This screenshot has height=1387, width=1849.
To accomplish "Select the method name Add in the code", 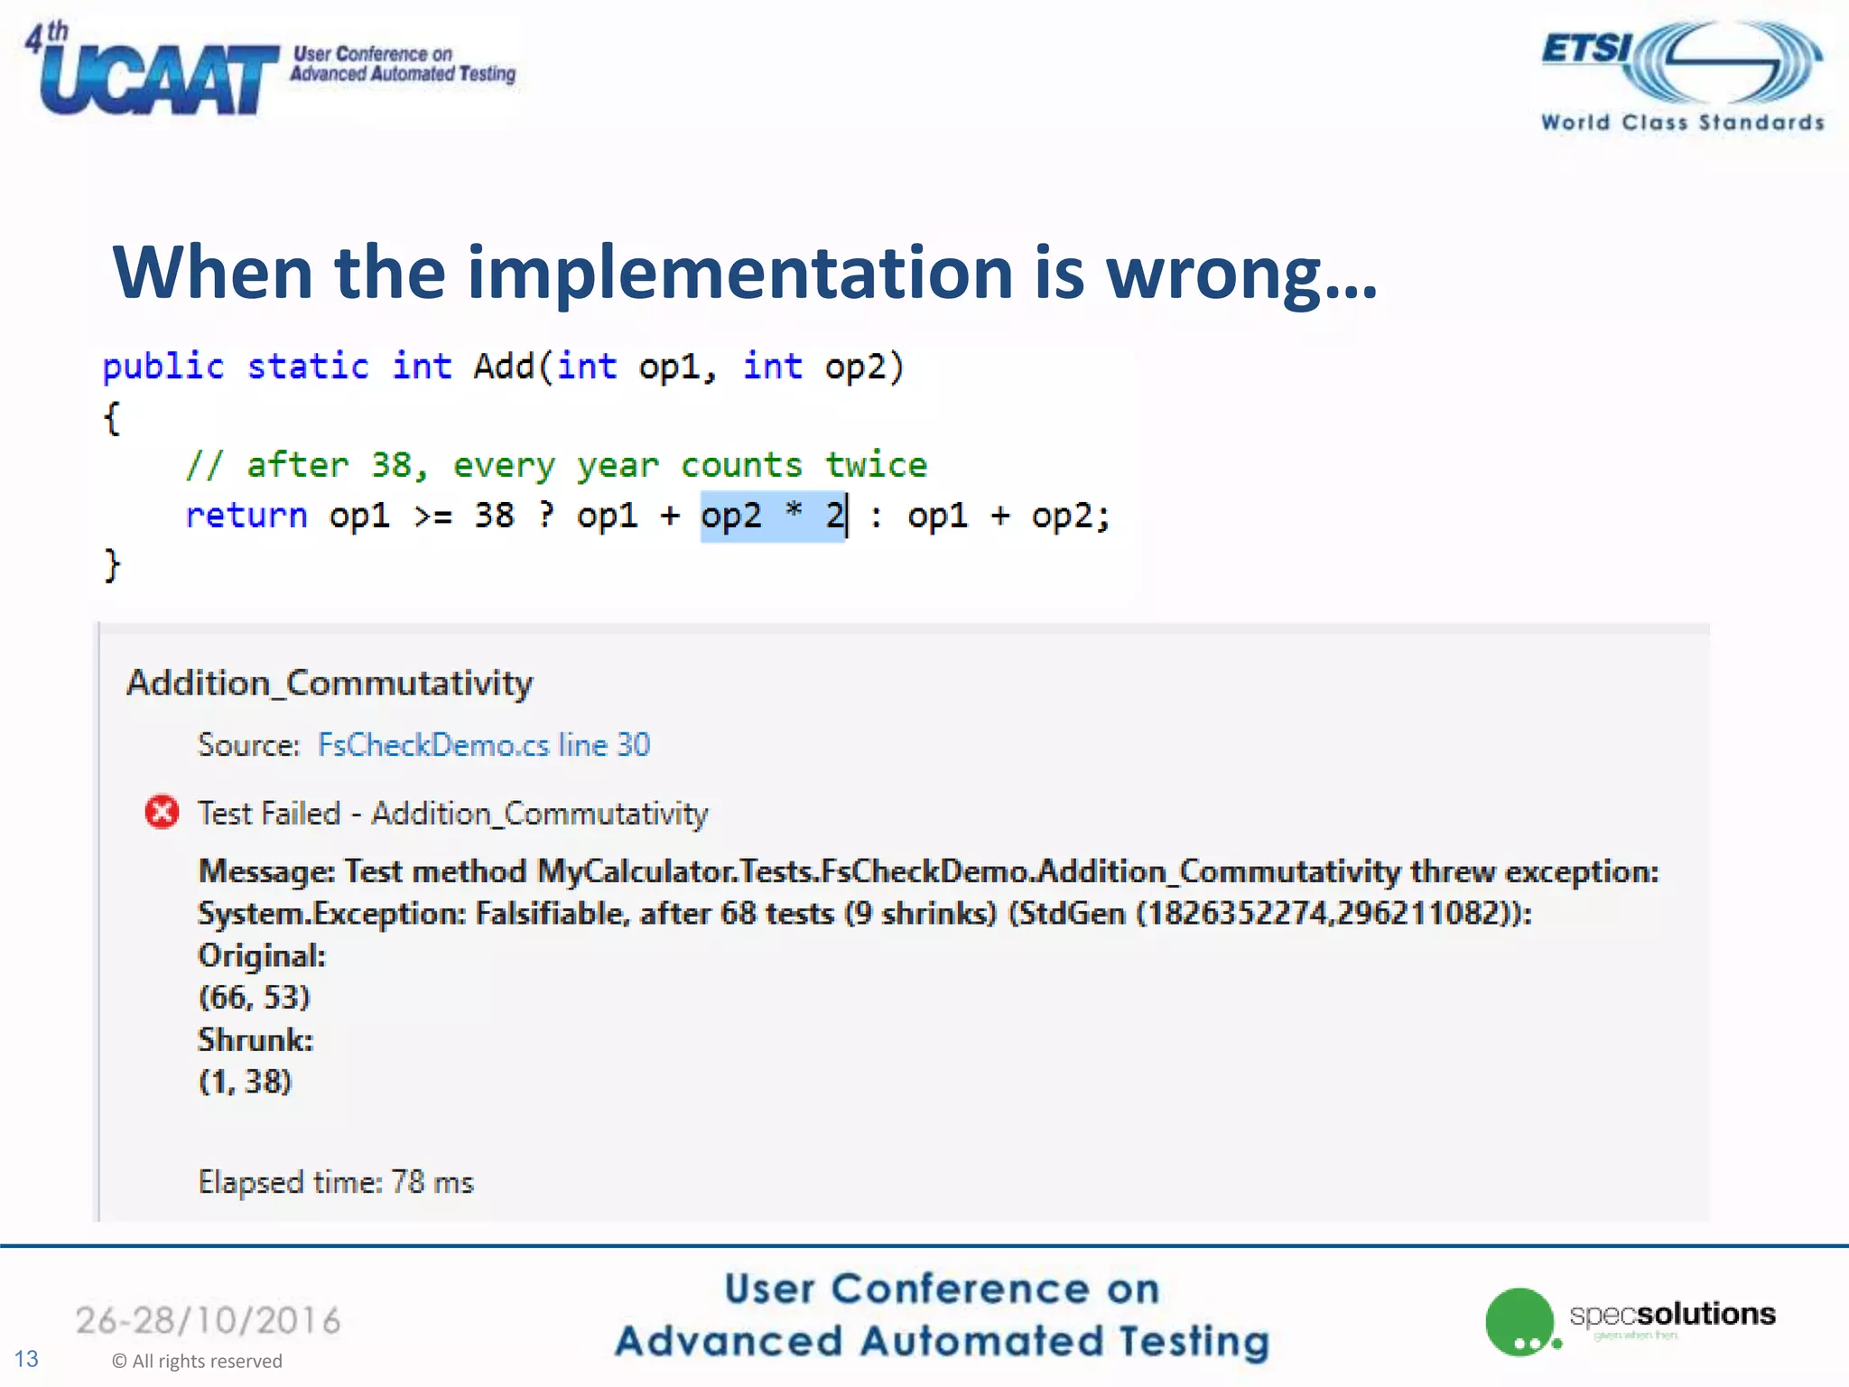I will tap(504, 367).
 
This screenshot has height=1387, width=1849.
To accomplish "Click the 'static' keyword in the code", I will tap(308, 367).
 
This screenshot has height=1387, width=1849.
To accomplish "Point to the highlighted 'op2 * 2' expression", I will tap(773, 516).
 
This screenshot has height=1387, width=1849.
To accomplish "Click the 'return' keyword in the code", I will tap(246, 516).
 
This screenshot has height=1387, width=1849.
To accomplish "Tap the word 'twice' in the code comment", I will tap(876, 465).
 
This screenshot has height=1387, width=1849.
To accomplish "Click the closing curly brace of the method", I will tap(112, 565).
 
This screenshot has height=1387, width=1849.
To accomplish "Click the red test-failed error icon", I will tap(163, 813).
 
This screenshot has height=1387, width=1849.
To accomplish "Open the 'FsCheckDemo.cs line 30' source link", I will tap(484, 745).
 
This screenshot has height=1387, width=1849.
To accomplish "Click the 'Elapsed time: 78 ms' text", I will tap(336, 1182).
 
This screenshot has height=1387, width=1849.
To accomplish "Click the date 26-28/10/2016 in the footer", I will tap(209, 1320).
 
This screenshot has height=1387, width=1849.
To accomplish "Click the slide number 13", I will tap(26, 1359).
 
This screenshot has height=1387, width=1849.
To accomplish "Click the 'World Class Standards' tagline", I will tap(1682, 122).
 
